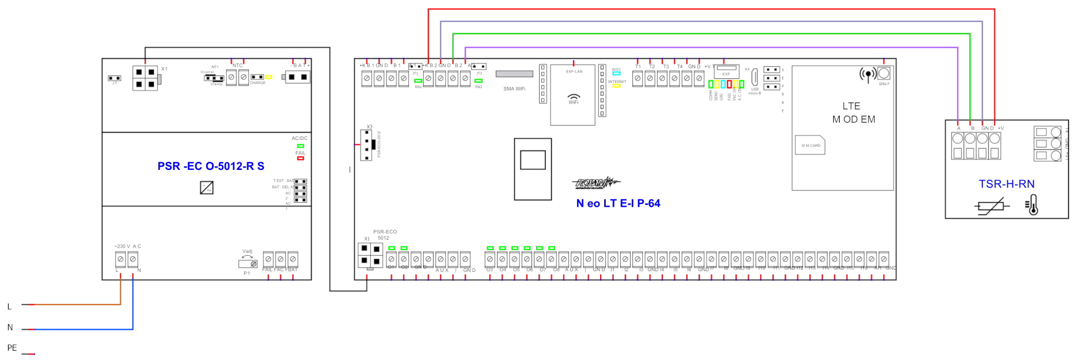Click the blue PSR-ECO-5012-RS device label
(211, 166)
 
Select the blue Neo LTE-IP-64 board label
(618, 203)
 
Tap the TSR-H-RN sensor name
(1006, 184)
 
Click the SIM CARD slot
(810, 145)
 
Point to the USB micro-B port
(754, 77)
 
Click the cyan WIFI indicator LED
(616, 74)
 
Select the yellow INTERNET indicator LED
(616, 86)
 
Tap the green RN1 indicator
(418, 81)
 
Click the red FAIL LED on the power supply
(300, 158)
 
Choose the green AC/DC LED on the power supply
(300, 146)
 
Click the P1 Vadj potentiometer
(248, 264)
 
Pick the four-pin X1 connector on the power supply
(145, 78)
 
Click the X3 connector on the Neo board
(366, 145)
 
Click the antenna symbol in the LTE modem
(868, 74)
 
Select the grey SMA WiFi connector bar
(514, 74)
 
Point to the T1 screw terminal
(637, 78)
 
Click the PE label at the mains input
(12, 348)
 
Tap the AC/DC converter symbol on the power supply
(207, 187)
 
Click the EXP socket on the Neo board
(726, 68)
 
